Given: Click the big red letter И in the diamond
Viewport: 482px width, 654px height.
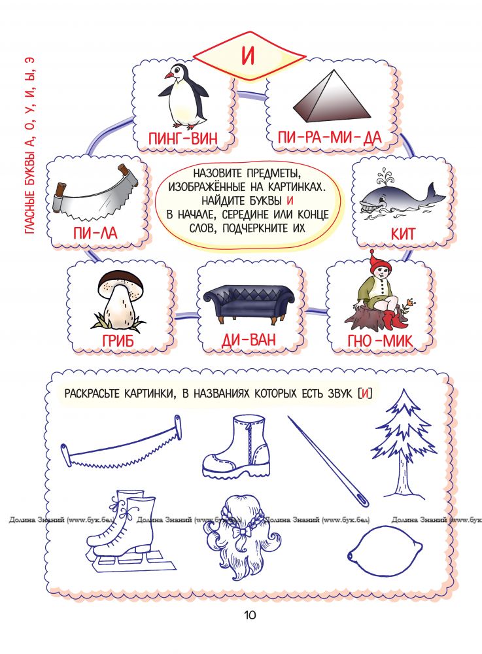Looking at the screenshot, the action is (x=248, y=55).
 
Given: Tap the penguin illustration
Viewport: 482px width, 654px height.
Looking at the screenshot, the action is (x=183, y=95).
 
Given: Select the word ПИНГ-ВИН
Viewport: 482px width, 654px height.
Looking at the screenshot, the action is (x=183, y=138).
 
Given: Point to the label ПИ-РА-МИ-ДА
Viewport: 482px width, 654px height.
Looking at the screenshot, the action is (x=330, y=137).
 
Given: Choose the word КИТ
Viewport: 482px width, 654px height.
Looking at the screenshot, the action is (x=404, y=233).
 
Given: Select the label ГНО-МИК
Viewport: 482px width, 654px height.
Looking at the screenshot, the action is (x=380, y=341).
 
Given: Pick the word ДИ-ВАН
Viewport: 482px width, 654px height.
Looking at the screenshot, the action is (x=249, y=339).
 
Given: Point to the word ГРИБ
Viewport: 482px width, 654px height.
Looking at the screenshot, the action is (x=118, y=341).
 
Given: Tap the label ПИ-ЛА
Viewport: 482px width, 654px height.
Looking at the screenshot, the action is (x=95, y=233).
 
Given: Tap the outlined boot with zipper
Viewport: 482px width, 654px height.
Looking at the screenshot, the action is (x=236, y=446).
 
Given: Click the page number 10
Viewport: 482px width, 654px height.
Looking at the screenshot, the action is (x=250, y=615).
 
